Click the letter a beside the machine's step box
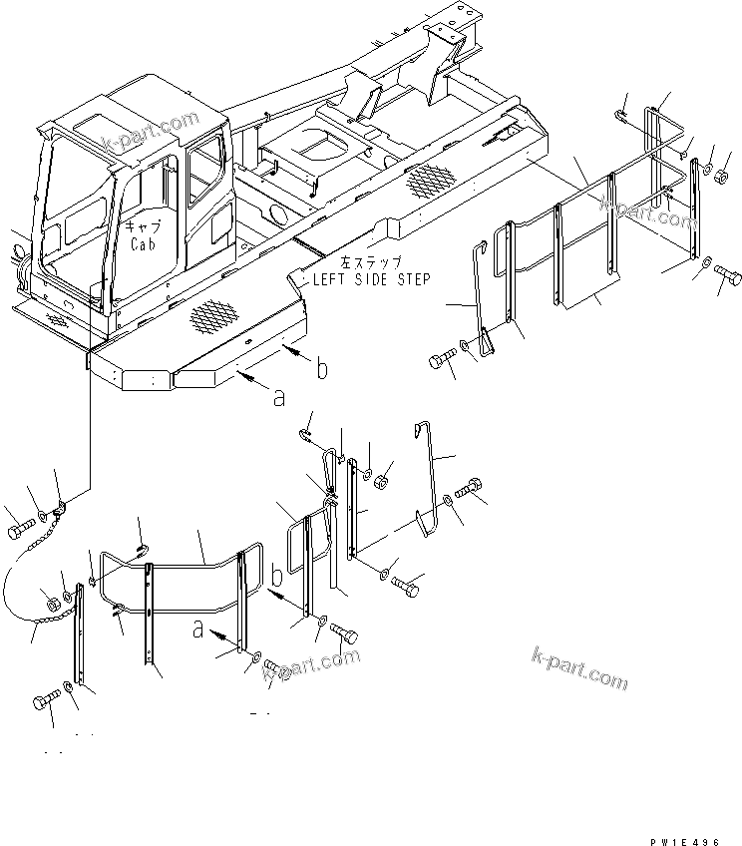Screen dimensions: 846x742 pos(279,398)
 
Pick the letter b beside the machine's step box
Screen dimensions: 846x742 pos(321,370)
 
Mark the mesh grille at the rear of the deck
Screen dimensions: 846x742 pos(426,181)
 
